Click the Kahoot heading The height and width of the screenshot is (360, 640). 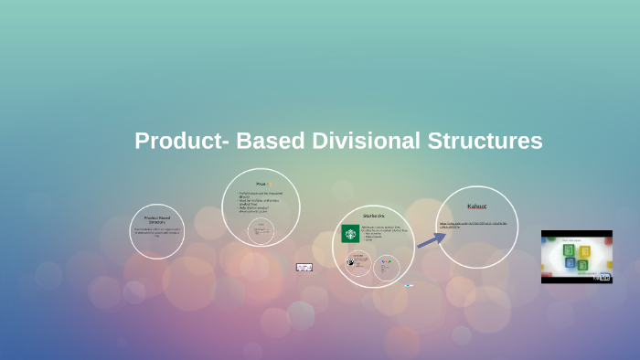pos(476,206)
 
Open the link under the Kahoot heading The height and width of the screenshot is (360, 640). pos(476,225)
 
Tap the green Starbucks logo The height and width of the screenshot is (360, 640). pos(350,234)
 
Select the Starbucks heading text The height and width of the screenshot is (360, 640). pos(374,216)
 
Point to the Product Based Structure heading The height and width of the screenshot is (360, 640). pos(157,219)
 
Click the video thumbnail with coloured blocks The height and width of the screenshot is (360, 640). pos(576,256)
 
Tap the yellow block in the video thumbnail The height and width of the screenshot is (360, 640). pos(568,250)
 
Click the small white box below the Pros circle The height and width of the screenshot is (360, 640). pos(304,267)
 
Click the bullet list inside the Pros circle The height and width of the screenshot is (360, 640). pos(261,203)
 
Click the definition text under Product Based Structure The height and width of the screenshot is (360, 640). pos(157,232)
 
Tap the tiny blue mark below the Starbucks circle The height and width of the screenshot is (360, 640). pos(408,285)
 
